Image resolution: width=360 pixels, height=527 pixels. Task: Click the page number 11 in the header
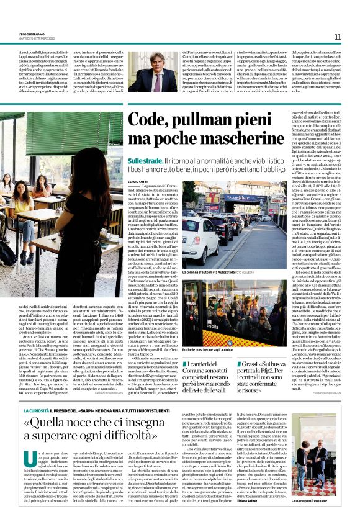pyautogui.click(x=338, y=37)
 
